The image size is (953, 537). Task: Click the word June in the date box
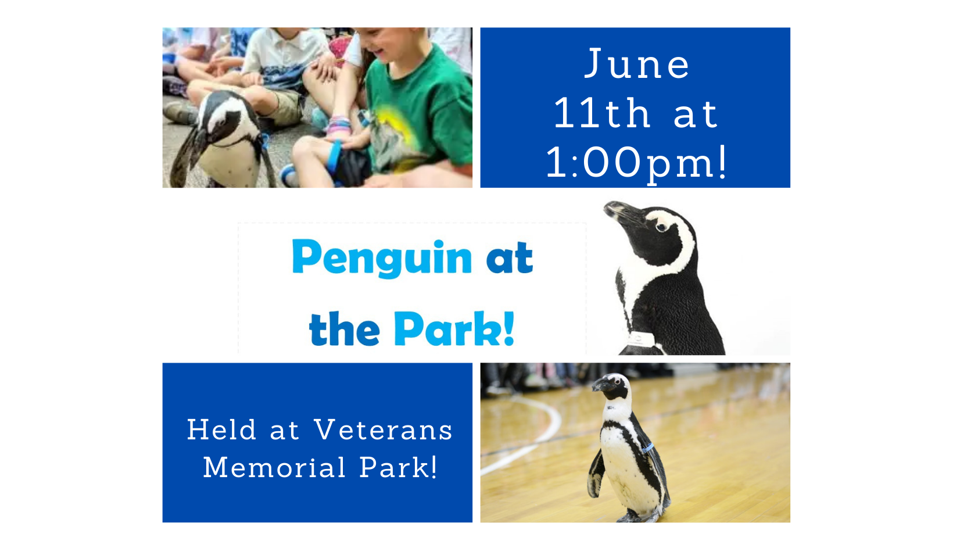click(637, 64)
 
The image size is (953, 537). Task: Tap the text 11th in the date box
click(602, 113)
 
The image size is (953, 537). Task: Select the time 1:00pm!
click(636, 162)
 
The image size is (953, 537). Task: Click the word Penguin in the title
click(382, 258)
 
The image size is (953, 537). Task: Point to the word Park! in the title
click(454, 329)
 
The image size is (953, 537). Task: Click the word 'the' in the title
click(344, 329)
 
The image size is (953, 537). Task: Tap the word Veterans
click(383, 431)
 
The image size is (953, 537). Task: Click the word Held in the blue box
click(221, 431)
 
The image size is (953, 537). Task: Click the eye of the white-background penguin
click(661, 227)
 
